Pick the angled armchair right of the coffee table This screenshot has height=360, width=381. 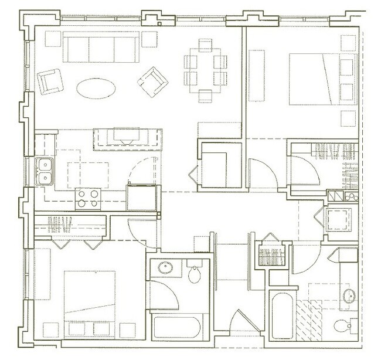[152, 79]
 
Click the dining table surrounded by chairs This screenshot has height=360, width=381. [205, 68]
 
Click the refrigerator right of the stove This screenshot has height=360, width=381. [142, 196]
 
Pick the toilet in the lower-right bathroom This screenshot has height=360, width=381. [342, 325]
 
